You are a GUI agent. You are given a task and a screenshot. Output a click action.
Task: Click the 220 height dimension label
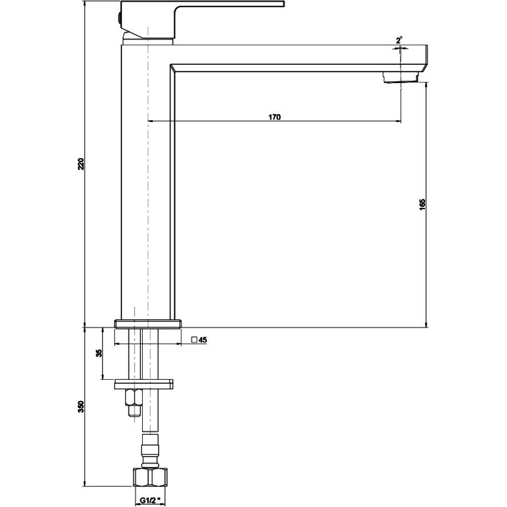81,164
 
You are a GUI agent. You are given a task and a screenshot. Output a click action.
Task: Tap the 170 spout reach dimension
274,117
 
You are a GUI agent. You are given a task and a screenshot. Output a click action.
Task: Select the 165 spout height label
422,205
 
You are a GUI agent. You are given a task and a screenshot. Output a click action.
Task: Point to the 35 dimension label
99,353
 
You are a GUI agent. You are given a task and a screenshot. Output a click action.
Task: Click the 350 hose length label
81,406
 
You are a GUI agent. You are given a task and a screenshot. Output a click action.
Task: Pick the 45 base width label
203,340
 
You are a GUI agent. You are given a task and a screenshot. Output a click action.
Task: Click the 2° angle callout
399,41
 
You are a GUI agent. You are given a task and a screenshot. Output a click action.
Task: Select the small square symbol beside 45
194,340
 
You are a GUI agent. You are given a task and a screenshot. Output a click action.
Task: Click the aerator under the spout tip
400,77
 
